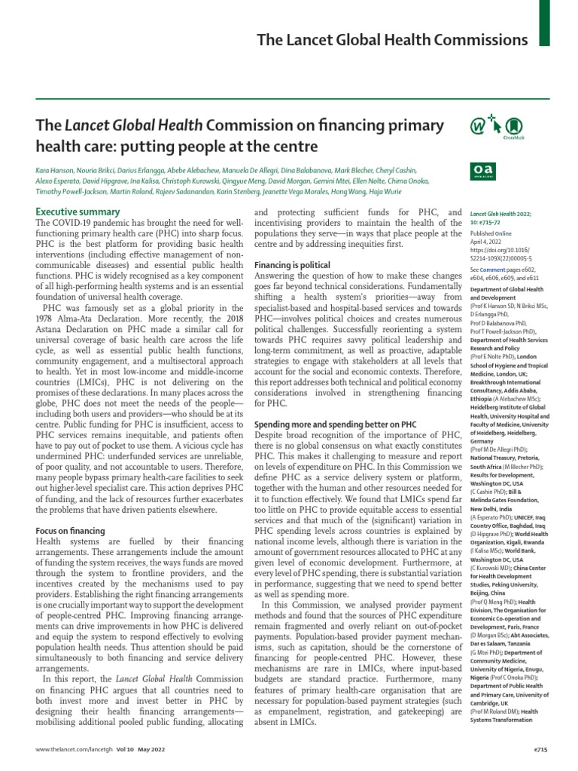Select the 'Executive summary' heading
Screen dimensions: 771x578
tap(78, 212)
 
